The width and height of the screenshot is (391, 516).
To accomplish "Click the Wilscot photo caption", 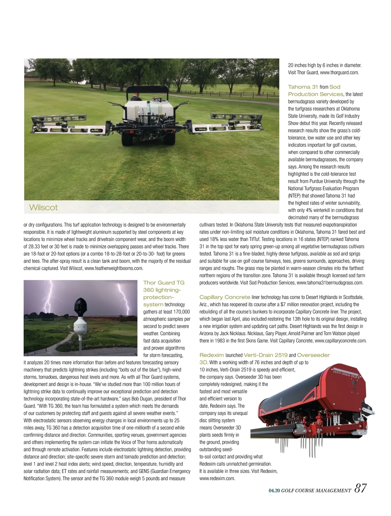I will click(x=43, y=207).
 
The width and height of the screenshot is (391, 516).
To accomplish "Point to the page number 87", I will click(x=360, y=488).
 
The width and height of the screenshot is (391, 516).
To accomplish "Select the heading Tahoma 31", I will click(x=303, y=87).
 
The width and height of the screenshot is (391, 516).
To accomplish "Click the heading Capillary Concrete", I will click(x=225, y=297).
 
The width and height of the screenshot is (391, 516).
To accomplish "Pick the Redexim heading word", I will click(x=211, y=355).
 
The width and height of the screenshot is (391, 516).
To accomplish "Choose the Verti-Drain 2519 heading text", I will click(x=266, y=355).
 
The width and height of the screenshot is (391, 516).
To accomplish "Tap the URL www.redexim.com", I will click(x=217, y=478).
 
